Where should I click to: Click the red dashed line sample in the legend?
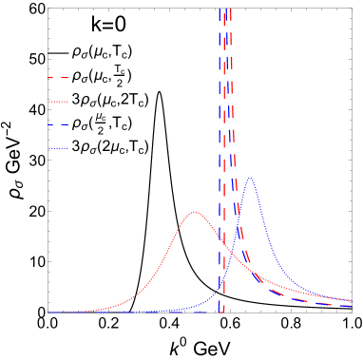coord(58,78)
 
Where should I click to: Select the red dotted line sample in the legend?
coord(58,101)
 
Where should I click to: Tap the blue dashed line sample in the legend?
coord(58,124)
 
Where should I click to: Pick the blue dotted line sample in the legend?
coord(58,148)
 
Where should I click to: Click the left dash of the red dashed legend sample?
coord(52,78)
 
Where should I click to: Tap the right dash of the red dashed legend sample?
coord(65,78)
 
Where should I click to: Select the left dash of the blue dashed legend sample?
coord(52,124)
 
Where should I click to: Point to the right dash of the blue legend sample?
coord(65,124)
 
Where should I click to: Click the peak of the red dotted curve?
coord(195,212)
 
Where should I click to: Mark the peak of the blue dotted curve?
coord(250,179)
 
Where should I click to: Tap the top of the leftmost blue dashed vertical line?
coord(220,9)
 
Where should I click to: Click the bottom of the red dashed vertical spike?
coord(221,311)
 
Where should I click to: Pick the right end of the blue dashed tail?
coord(352,306)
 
